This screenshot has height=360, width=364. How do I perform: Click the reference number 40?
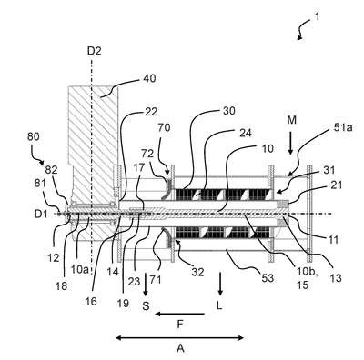coord(149,79)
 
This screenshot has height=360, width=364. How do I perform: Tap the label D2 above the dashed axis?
coord(94,51)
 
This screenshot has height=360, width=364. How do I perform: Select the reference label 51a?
coord(344,128)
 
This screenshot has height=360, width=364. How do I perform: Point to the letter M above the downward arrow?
coord(292,121)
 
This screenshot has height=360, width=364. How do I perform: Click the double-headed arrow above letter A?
coord(180,337)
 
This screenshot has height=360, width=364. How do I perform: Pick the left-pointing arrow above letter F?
coord(179,315)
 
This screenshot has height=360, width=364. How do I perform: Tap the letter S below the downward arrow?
coord(147,306)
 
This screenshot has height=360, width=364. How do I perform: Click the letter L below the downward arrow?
coord(219,306)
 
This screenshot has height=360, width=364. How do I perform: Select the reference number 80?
coord(33,136)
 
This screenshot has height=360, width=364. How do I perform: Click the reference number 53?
coord(268,278)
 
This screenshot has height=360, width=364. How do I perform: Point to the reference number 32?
coord(197,272)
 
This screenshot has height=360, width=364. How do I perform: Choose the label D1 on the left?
coord(41,215)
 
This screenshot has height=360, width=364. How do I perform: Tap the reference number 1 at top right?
coord(317,16)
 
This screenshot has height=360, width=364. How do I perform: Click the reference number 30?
coord(229,111)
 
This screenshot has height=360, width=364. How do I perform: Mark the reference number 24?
coord(245,133)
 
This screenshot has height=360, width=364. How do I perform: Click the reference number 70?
coord(164,127)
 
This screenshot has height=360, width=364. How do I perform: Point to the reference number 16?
coord(91,301)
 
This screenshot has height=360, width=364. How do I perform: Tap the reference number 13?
coord(336,277)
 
